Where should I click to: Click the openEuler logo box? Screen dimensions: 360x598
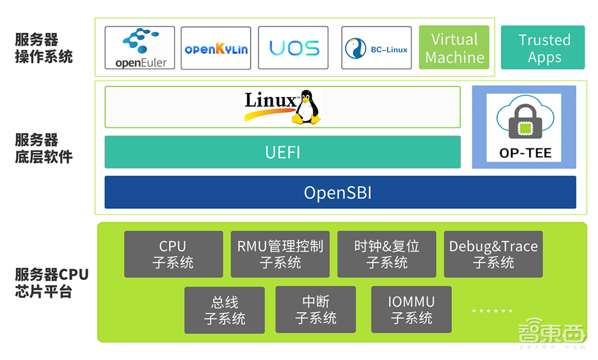(140, 48)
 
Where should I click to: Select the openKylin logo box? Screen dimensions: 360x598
(216, 48)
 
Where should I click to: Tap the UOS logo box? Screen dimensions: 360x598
(294, 48)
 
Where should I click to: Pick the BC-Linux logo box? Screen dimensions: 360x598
(377, 48)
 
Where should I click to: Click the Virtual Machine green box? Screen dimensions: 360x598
(454, 48)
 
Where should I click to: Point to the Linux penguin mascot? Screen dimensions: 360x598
(306, 107)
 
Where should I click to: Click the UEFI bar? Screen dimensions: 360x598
(282, 152)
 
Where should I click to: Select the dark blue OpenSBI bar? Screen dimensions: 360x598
(340, 192)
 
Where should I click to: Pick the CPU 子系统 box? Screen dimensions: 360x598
(173, 254)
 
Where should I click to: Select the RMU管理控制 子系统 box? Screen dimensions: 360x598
(280, 254)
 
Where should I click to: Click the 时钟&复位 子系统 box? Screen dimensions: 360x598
(386, 254)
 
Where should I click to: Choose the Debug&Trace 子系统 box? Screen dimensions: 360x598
(493, 254)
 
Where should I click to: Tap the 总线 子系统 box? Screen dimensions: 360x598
(224, 310)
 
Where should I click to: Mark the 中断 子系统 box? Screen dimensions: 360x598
(315, 310)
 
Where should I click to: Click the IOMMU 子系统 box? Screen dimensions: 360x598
(411, 310)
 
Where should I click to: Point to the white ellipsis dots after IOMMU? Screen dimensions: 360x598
(492, 311)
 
